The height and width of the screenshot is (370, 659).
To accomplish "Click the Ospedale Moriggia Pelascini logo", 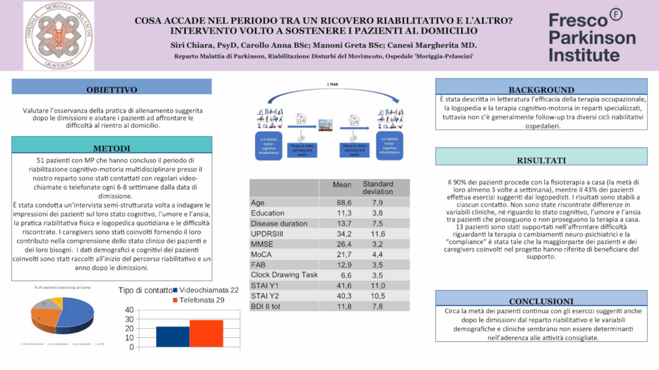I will (58, 36).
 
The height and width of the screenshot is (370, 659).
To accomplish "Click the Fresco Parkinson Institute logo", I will (593, 37).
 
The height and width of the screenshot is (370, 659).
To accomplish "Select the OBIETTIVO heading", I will (111, 90).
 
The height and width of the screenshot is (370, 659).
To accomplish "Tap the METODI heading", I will (111, 148).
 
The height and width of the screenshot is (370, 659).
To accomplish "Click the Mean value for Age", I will (344, 203).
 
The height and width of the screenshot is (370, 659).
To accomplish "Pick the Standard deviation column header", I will (377, 188).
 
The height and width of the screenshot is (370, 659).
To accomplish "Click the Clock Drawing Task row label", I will (284, 274).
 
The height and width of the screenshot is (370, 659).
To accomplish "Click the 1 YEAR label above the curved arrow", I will (332, 85).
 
